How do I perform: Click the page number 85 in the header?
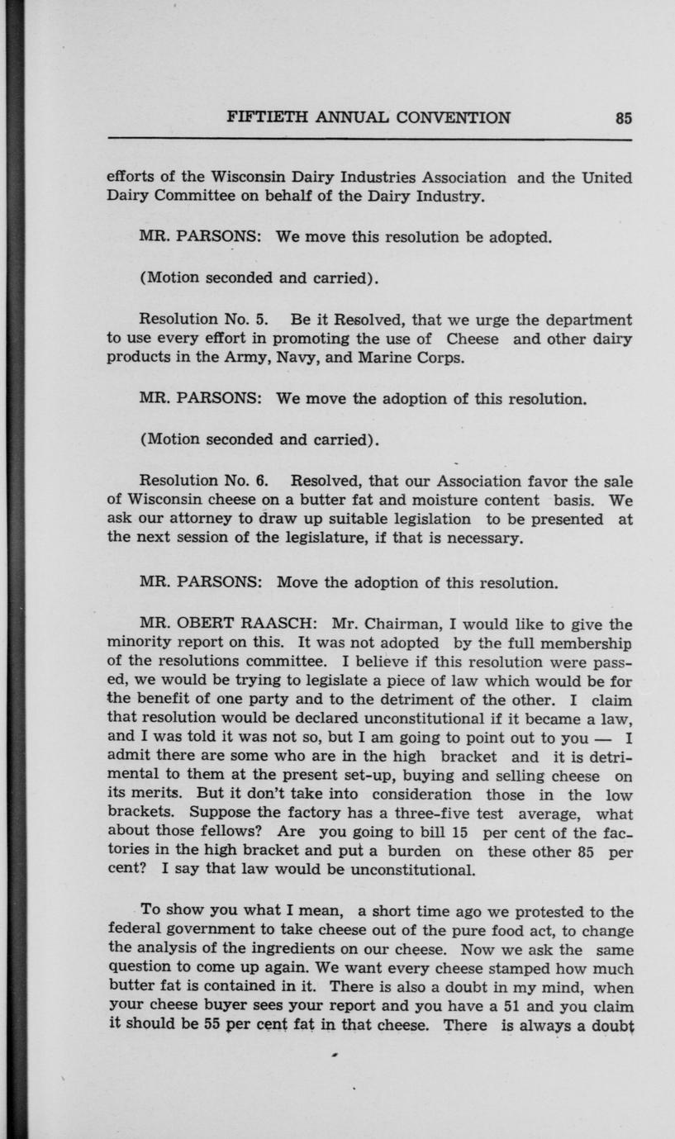pos(624,118)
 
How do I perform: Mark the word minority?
pos(135,644)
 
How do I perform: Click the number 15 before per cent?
pos(461,833)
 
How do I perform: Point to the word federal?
pos(135,931)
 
